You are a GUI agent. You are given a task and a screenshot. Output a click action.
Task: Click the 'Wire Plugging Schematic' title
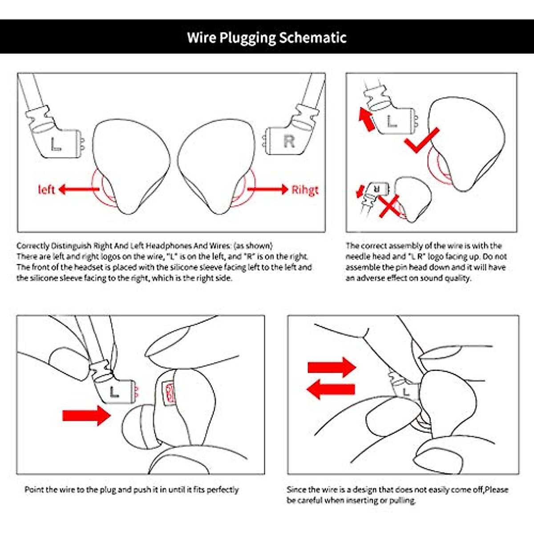pyautogui.click(x=267, y=37)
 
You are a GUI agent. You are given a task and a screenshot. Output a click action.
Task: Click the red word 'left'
pyautogui.click(x=46, y=190)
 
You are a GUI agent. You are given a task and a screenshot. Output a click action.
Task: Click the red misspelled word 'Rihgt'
pyautogui.click(x=305, y=190)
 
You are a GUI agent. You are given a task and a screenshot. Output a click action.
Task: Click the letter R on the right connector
pyautogui.click(x=289, y=142)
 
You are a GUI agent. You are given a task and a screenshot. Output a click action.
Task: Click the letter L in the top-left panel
pyautogui.click(x=56, y=144)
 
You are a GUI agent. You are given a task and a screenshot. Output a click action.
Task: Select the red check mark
pyautogui.click(x=421, y=141)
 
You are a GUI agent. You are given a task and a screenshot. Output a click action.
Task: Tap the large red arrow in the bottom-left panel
pyautogui.click(x=86, y=416)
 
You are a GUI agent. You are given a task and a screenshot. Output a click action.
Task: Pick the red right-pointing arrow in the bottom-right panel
pyautogui.click(x=332, y=368)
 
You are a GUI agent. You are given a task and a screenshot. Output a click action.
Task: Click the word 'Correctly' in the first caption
pyautogui.click(x=32, y=246)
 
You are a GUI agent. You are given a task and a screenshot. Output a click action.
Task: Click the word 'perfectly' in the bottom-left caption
pyautogui.click(x=223, y=489)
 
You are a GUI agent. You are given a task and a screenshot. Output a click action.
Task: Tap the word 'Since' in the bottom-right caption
pyautogui.click(x=296, y=489)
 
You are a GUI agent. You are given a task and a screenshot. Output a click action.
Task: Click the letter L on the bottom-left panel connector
pyautogui.click(x=114, y=392)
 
